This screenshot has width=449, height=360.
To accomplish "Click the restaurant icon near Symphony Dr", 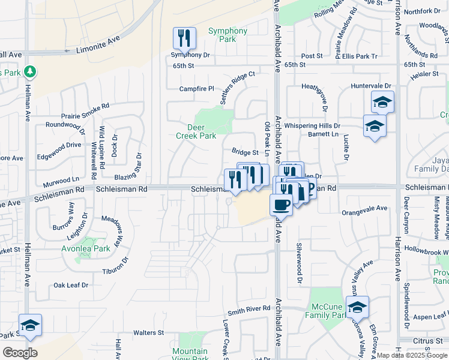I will [x=185, y=38].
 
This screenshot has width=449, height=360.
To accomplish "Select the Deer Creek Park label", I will [x=196, y=131].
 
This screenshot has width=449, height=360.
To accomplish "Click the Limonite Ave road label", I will [x=98, y=44].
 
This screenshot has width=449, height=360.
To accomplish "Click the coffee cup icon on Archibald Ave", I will [x=280, y=205].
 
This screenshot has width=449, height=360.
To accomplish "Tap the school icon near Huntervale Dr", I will [x=382, y=102].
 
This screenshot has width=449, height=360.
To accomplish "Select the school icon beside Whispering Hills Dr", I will [x=375, y=126].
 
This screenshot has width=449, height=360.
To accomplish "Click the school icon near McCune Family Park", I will [x=357, y=308].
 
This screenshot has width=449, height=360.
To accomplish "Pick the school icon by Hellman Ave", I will [x=30, y=325].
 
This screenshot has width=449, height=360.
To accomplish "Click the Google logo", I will [x=20, y=353].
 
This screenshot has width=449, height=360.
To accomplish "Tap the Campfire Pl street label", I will [x=196, y=89].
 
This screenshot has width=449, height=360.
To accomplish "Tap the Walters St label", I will [x=148, y=332].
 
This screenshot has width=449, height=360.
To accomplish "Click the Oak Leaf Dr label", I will [x=71, y=285].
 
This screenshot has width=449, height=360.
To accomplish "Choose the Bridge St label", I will [x=245, y=153].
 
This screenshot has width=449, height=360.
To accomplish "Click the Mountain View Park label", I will [x=190, y=355].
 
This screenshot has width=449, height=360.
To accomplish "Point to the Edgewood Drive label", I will [x=58, y=145].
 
